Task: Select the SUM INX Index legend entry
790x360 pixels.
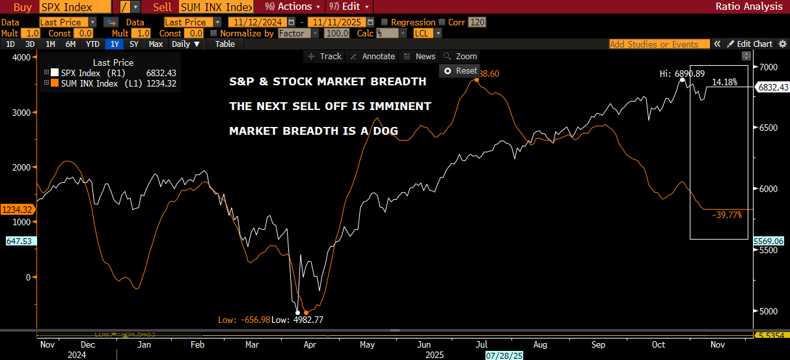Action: [89, 83]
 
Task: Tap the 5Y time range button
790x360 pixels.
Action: [134, 44]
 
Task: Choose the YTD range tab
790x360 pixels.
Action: [93, 44]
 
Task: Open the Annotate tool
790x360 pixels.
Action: [373, 57]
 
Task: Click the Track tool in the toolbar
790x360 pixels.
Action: [325, 57]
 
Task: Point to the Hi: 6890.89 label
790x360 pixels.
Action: [682, 74]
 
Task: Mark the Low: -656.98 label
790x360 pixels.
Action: [244, 320]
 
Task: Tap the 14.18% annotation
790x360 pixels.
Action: [724, 82]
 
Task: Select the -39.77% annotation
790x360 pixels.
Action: [727, 215]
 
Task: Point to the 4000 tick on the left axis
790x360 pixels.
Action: [21, 57]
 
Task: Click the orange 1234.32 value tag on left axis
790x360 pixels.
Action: [16, 210]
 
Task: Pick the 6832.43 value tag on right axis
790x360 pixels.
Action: [772, 87]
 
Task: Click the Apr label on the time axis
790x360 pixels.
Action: [310, 344]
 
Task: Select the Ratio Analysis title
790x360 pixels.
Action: [748, 7]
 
